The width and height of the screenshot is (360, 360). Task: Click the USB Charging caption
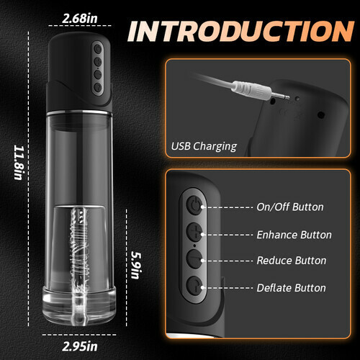204,146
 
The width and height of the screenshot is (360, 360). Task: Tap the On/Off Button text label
289,207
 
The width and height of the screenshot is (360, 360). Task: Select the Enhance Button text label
294,235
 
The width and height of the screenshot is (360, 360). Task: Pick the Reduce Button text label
291,261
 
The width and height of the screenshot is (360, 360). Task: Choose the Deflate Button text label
291,288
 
